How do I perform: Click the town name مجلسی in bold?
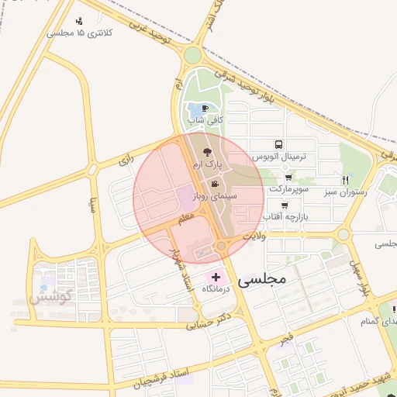coord(263,277)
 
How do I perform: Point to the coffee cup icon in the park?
coord(204,109)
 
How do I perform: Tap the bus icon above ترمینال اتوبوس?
coord(278,144)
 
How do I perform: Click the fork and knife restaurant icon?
coord(377,179)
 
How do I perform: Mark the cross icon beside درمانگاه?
coord(215,277)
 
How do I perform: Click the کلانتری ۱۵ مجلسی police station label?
coord(80,33)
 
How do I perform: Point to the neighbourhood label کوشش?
coord(51,295)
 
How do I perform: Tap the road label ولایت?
coord(254,234)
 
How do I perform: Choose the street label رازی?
coord(126,161)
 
